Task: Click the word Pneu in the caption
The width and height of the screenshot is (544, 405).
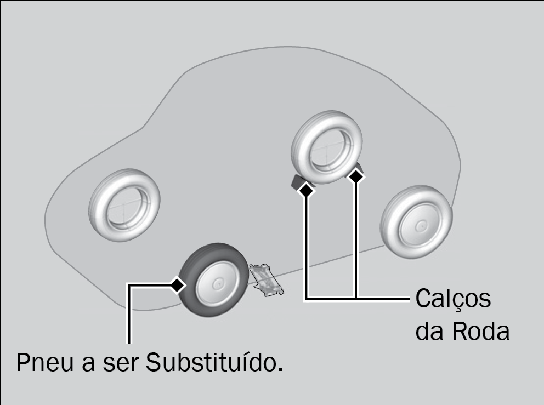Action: point(45,363)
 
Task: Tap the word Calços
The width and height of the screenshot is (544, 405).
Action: point(453,299)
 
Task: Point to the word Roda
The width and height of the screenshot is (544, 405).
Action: point(481,331)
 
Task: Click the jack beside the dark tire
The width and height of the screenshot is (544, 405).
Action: point(266,279)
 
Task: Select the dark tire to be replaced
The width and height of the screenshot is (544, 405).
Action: point(213,280)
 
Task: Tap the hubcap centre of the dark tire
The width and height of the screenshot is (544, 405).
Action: point(218,284)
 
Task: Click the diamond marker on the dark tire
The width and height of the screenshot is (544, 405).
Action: point(178,284)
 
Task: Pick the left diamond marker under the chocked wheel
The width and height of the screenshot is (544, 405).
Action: point(306,190)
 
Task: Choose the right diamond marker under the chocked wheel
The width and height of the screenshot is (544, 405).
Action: point(355,176)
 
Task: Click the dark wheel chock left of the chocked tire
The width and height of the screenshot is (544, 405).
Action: point(298,182)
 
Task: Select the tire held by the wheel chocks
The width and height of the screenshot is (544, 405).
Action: point(327,147)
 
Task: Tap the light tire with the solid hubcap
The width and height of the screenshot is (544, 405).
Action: point(416,221)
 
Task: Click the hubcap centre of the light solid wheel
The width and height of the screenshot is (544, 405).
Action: point(421,226)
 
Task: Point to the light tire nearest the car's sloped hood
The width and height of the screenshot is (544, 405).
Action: point(124,205)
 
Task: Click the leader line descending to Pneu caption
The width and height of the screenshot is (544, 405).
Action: point(130,314)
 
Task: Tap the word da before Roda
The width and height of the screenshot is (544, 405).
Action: point(430,331)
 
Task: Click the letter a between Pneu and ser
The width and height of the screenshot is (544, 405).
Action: point(88,364)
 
